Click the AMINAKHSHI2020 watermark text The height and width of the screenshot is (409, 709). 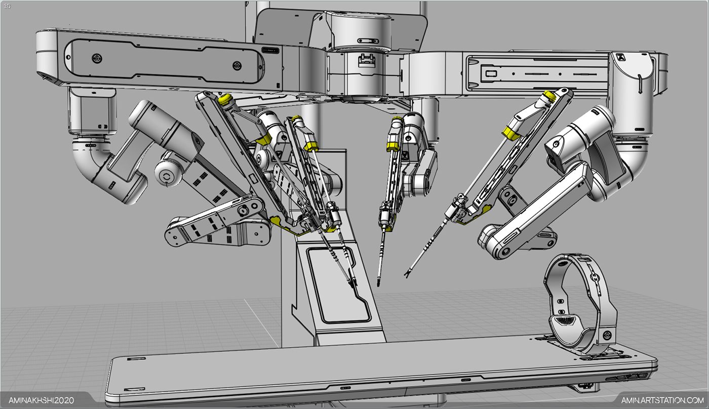point(41,400)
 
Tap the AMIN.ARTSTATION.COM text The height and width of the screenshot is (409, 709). point(662,400)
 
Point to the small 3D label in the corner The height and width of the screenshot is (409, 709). point(7,6)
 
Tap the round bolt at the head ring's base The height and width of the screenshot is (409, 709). point(607,335)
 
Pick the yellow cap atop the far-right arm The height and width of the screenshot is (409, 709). point(549,96)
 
